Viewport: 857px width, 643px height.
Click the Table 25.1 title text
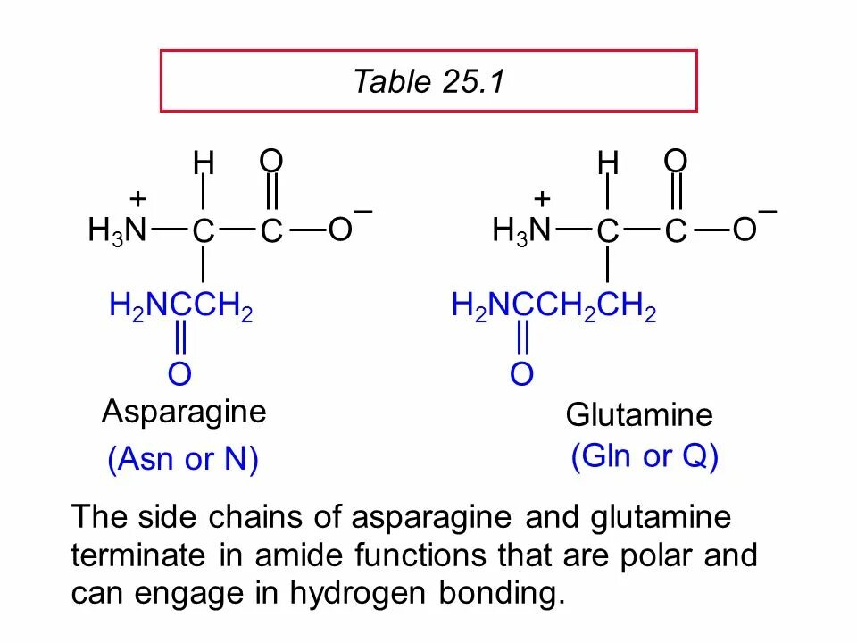428,82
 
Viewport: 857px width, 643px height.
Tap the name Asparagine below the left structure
184,413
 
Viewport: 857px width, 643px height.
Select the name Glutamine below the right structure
639,415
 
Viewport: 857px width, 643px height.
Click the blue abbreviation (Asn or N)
182,461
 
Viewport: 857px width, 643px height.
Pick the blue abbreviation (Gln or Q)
645,457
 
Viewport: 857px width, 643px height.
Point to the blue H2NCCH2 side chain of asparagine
181,308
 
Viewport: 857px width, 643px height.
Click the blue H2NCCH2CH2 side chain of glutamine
554,308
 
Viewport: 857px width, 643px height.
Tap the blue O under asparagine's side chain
179,374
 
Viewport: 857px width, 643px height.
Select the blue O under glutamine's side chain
522,374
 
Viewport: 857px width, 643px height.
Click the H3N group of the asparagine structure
117,231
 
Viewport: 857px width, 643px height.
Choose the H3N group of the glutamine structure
521,231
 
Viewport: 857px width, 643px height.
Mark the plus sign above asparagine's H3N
137,198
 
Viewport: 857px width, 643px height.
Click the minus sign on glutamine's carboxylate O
768,212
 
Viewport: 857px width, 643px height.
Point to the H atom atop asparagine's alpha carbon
204,163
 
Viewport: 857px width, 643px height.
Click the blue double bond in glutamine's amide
523,340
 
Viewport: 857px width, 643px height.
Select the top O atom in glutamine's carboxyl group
676,162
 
